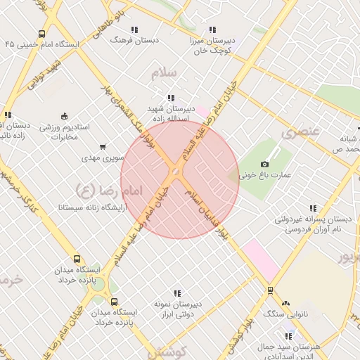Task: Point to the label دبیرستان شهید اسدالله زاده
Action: (169, 114)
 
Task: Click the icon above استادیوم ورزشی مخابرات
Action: (65, 116)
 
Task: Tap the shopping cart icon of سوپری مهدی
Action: (103, 147)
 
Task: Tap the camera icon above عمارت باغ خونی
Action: (265, 164)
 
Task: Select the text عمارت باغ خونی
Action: (268, 175)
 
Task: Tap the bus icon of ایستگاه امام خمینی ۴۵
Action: (41, 33)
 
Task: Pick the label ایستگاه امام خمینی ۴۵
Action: (41, 44)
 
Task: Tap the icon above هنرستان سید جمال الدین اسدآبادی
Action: (288, 335)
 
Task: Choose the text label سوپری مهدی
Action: (103, 158)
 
